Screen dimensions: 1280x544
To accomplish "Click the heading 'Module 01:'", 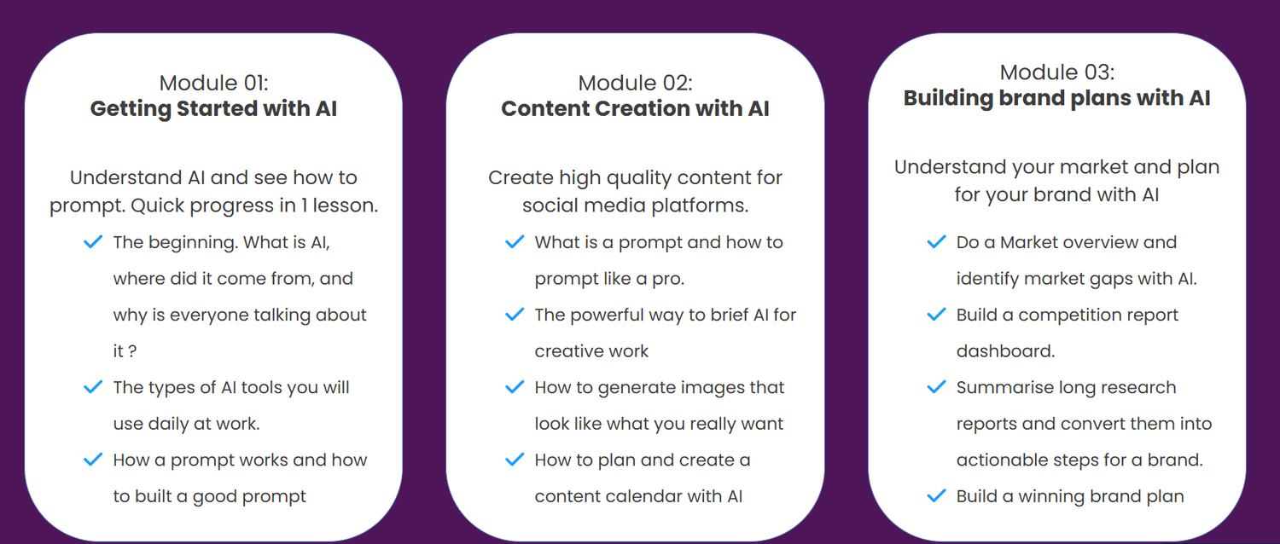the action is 213,84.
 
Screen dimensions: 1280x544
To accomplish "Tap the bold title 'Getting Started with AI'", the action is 213,108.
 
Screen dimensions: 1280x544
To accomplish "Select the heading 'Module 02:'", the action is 636,84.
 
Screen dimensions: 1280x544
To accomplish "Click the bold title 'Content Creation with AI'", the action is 636,108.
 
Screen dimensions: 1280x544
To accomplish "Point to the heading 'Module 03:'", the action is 1057,72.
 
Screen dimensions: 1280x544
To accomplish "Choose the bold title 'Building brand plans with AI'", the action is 1057,98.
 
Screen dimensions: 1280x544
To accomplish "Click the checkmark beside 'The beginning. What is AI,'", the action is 93,242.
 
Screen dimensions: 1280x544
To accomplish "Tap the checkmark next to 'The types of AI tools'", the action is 93,387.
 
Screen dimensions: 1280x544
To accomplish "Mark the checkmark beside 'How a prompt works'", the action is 93,460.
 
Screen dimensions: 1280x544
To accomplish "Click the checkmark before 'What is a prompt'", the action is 515,242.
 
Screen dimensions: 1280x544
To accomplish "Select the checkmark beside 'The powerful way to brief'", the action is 515,315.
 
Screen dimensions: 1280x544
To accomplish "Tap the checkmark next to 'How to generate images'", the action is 515,387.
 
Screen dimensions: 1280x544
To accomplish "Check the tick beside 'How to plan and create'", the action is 515,460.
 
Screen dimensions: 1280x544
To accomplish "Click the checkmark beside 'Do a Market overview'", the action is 937,242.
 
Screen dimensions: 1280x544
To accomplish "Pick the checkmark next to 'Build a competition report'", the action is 937,315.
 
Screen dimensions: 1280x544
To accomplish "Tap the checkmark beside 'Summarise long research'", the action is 937,387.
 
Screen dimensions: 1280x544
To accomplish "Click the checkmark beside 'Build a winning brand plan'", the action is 937,496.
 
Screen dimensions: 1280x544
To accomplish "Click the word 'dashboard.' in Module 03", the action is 1006,351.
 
